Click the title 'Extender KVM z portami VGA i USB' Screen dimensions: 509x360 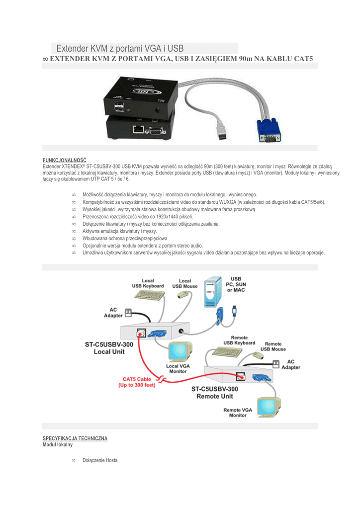pos(120,49)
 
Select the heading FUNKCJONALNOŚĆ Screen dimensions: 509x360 pos(65,160)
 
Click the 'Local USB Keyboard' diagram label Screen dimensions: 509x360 pos(148,283)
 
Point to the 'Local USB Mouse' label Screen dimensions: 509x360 pos(184,283)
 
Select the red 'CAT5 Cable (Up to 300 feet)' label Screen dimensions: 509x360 pos(137,382)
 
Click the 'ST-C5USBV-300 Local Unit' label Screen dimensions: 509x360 pos(109,347)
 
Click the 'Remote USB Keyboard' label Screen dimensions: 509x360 pos(239,340)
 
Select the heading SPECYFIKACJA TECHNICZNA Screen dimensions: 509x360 pos(75,438)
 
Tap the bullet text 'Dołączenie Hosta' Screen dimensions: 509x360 pos(100,460)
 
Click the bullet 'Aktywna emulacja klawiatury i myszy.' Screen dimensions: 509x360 pos(120,231)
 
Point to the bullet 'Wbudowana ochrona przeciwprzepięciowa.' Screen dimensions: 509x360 pos(125,239)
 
